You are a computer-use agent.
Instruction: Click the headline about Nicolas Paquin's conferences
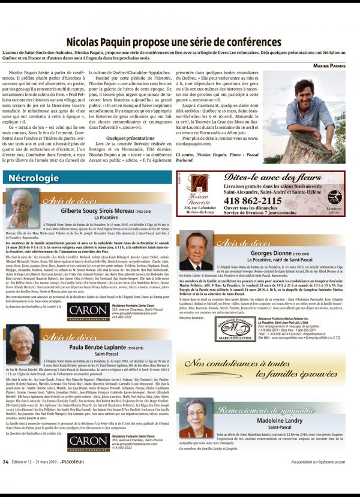[173, 43]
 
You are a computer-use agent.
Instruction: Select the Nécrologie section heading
[30, 178]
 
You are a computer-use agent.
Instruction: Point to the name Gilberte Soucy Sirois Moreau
[104, 211]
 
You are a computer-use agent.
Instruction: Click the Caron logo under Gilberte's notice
[88, 312]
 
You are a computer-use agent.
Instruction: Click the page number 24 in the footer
[5, 478]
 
